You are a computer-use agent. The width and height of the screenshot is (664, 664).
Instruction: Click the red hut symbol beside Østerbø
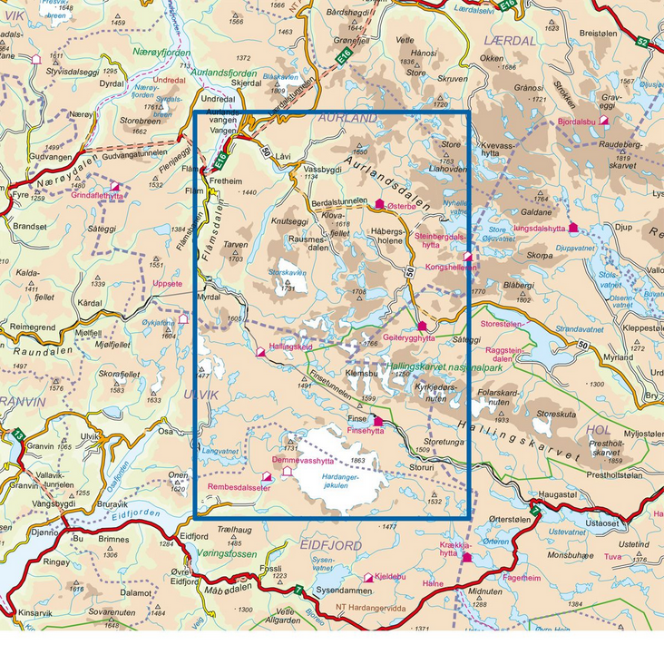[380, 204]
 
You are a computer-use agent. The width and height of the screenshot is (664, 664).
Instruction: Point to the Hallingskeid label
[290, 347]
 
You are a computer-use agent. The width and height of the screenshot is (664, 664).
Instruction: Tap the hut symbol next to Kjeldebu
[368, 577]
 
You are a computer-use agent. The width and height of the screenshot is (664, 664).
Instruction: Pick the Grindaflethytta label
[97, 195]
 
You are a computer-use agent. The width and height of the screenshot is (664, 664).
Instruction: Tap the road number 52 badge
[642, 43]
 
